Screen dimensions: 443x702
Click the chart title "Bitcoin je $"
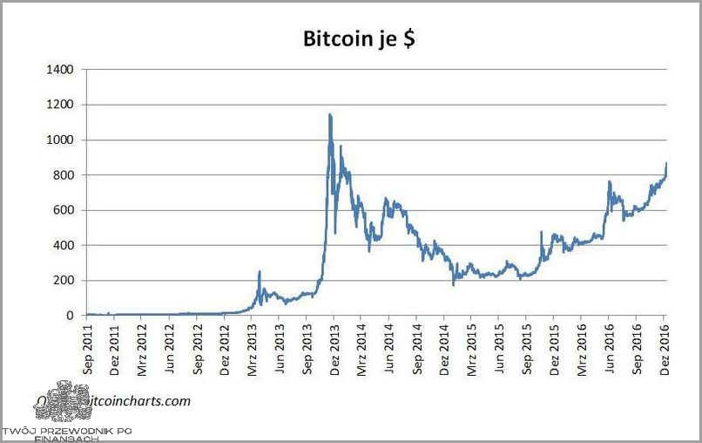click(358, 39)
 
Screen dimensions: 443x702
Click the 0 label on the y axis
click(71, 316)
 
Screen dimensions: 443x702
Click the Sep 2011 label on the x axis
click(87, 351)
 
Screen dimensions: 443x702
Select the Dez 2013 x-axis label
click(334, 351)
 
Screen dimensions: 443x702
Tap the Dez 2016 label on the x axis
click(663, 351)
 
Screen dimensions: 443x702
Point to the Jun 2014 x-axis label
click(388, 351)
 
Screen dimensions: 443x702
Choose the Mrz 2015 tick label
click(471, 351)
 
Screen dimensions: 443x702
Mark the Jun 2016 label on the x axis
click(608, 351)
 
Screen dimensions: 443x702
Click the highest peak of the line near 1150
click(329, 114)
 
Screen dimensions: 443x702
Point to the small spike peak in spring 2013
click(260, 271)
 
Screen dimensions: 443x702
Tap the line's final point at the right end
click(666, 163)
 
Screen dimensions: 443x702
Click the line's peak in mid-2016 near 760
click(609, 181)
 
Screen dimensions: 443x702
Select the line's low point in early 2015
click(453, 284)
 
